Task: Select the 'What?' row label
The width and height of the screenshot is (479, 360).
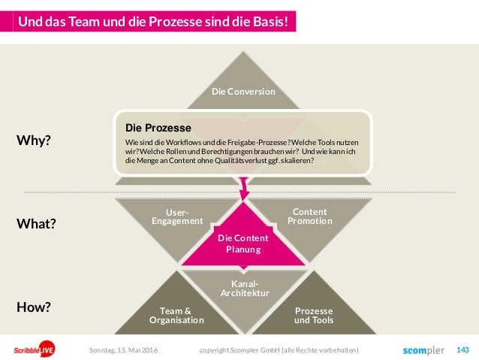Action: tap(38, 224)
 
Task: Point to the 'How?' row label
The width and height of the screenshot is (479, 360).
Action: tap(34, 307)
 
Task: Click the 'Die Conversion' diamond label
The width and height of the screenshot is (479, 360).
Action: tap(243, 92)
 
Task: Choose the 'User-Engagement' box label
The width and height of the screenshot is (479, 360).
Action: tap(177, 216)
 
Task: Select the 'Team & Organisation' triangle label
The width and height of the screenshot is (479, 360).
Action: tap(176, 315)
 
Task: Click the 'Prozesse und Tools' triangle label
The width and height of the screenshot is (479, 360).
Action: tap(314, 315)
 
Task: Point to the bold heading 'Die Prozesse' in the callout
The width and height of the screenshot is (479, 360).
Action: tap(158, 128)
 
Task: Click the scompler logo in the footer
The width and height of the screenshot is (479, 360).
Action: tap(423, 350)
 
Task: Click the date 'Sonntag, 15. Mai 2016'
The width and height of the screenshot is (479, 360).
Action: tap(124, 351)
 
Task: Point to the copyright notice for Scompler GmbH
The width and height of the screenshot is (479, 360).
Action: tap(279, 351)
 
